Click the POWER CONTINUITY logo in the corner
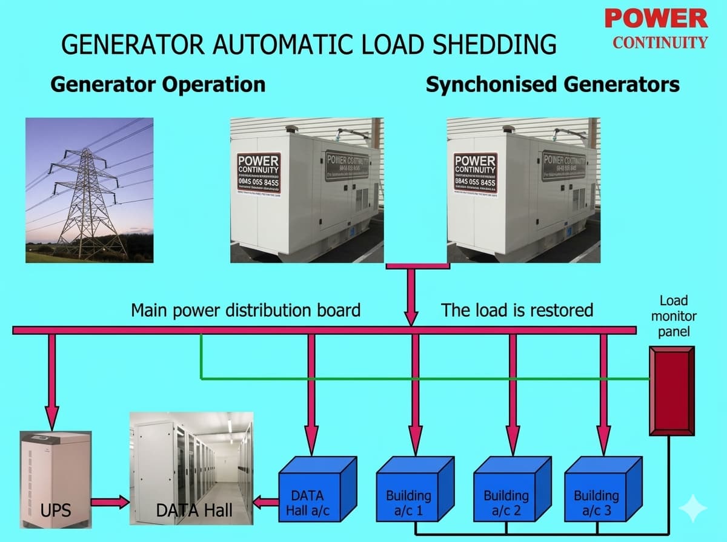point(656,28)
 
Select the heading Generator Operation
point(158,84)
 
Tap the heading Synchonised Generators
point(553,84)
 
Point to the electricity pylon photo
point(89,190)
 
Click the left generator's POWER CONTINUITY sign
point(258,173)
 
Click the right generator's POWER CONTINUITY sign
point(475,173)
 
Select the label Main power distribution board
point(245,310)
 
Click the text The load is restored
point(517,310)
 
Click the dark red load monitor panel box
point(671,391)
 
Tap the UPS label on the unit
point(55,510)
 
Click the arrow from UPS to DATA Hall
point(110,502)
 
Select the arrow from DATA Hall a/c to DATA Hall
point(265,502)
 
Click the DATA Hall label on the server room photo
point(193,510)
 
